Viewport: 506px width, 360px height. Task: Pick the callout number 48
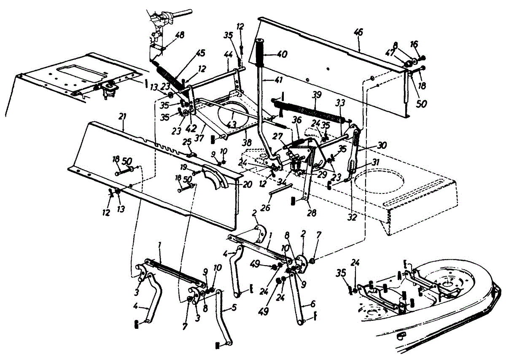(180, 36)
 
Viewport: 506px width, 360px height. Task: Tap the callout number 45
(200, 53)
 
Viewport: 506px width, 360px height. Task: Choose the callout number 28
(312, 214)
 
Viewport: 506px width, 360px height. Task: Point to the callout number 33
(340, 102)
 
